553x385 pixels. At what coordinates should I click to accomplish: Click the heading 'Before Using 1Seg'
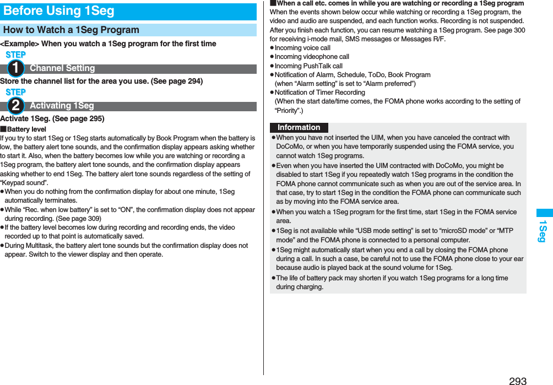[x=59, y=11]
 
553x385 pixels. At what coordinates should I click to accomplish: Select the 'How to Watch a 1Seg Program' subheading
[x=71, y=30]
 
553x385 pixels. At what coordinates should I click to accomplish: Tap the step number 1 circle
[x=16, y=68]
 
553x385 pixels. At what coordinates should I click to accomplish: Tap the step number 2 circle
[x=16, y=106]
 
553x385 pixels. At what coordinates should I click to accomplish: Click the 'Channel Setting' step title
[x=62, y=68]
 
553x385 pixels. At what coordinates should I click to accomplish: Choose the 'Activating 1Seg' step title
[x=62, y=106]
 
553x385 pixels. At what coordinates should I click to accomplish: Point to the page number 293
[x=517, y=380]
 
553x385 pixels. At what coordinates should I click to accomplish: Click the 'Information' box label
[x=299, y=127]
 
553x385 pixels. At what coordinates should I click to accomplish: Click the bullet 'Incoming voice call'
[x=302, y=48]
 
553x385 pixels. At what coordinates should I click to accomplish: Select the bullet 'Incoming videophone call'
[x=312, y=57]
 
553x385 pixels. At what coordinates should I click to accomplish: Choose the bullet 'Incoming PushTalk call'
[x=308, y=66]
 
